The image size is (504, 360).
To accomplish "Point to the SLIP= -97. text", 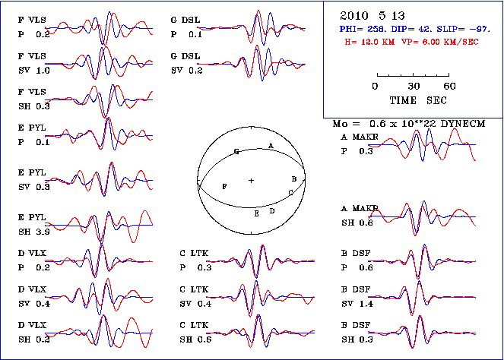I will click(451, 30).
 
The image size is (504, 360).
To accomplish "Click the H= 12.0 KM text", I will click(372, 43).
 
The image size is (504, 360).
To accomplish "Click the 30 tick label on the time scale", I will click(414, 86).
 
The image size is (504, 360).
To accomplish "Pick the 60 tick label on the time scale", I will click(449, 86).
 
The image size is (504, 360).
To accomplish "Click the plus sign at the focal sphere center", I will click(251, 180).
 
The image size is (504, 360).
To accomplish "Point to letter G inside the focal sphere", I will click(236, 153).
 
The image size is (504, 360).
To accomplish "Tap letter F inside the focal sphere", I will click(223, 186).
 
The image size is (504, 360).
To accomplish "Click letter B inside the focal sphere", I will click(293, 178).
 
